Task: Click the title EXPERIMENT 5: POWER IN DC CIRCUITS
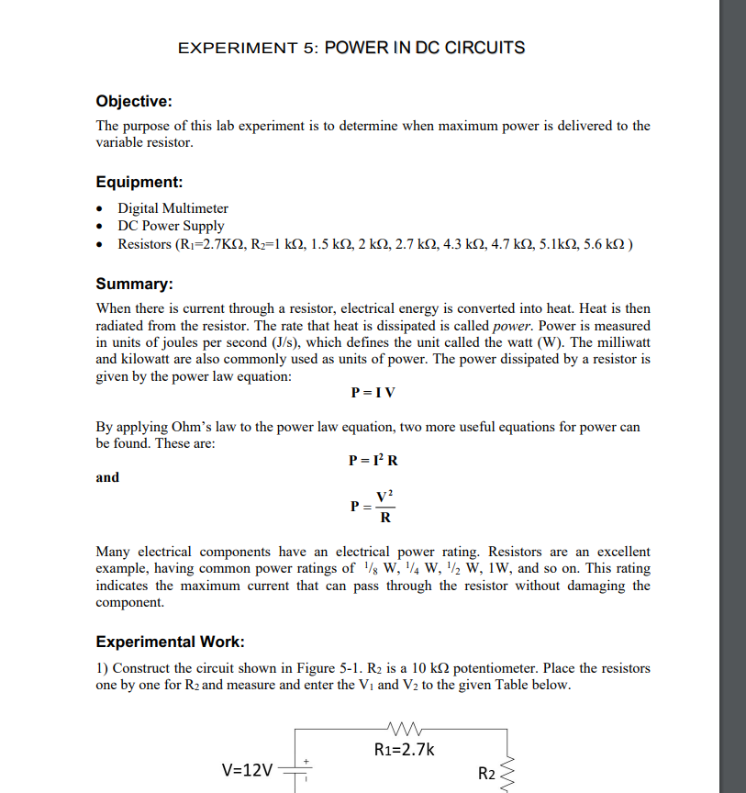tap(351, 47)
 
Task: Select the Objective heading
tap(134, 101)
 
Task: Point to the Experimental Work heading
tap(170, 642)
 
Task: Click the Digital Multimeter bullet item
tap(173, 208)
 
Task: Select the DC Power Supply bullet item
tap(171, 226)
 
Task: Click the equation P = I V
tap(373, 393)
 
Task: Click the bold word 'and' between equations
tap(107, 477)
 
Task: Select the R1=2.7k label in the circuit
tap(405, 750)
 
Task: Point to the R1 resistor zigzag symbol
tap(404, 730)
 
